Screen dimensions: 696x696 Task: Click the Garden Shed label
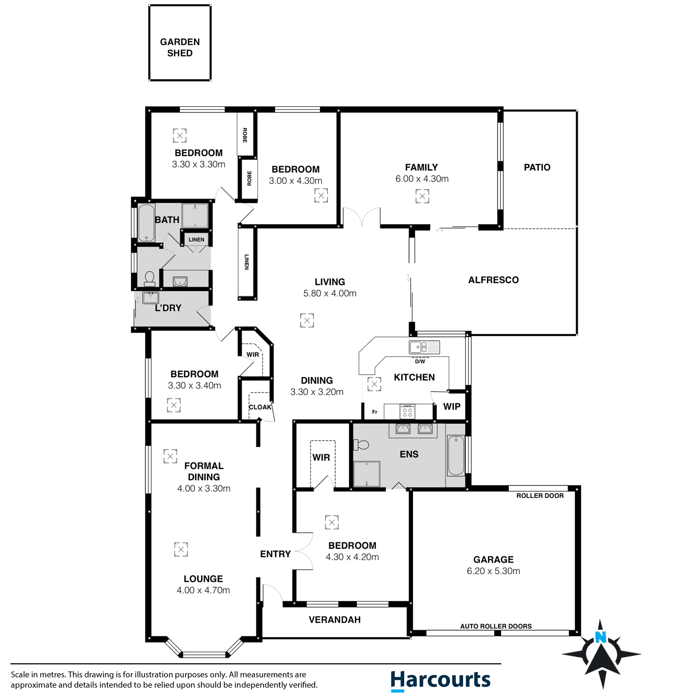[x=180, y=47]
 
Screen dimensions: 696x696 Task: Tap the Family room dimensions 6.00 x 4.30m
[x=422, y=179]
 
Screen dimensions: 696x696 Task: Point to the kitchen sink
[x=424, y=347]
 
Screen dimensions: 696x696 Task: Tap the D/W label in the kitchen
[x=420, y=361]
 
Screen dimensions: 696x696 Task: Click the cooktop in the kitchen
[x=408, y=412]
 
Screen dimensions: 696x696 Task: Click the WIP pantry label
[x=451, y=406]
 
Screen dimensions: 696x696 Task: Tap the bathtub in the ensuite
[x=456, y=455]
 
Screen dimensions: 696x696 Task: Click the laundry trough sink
[x=150, y=298]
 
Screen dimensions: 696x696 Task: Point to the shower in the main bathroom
[x=195, y=215]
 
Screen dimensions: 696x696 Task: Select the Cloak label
[x=260, y=407]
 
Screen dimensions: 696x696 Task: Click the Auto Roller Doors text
[x=496, y=626]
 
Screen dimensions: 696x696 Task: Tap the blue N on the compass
[x=600, y=637]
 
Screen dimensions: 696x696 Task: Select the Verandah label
[x=334, y=620]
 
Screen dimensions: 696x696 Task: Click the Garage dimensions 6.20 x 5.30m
[x=493, y=571]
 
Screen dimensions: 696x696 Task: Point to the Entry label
[x=275, y=554]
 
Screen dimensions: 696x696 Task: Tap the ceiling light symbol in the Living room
[x=307, y=320]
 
